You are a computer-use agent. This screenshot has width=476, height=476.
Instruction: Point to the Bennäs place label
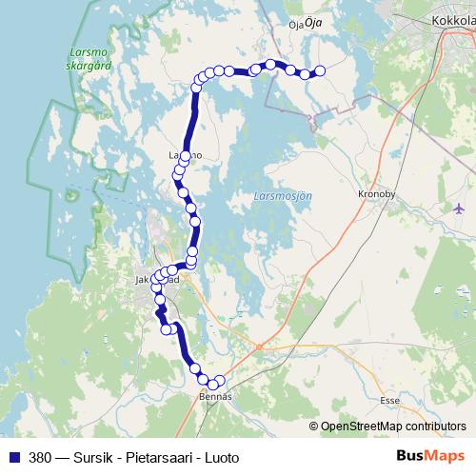[214, 395]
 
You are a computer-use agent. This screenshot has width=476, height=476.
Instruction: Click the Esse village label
[389, 401]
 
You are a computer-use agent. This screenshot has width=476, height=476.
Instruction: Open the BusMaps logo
[431, 457]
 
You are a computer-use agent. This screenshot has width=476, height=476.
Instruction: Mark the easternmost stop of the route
[320, 69]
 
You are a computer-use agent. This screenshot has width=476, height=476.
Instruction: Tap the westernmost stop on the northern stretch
[197, 87]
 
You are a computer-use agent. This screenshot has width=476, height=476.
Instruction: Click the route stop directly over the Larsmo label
[185, 155]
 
